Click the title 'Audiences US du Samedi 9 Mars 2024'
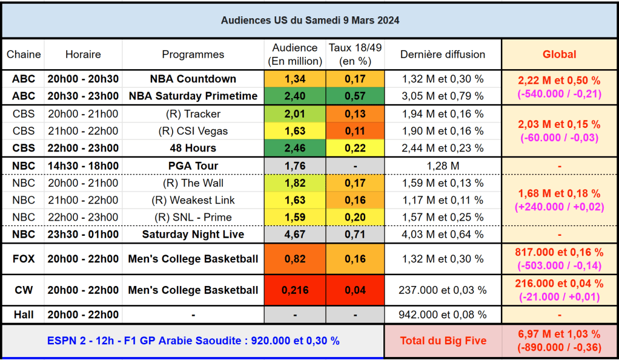tap(309, 21)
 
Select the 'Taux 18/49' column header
tap(355, 55)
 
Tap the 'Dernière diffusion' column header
tap(443, 55)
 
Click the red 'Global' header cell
tap(559, 55)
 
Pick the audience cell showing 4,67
tap(295, 235)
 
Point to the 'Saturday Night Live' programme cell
tap(193, 235)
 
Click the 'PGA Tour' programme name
tap(193, 166)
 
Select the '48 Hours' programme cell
tap(193, 148)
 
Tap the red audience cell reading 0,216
tap(295, 290)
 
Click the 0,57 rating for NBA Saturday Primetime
tap(355, 96)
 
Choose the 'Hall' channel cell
tap(24, 315)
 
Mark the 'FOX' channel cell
tap(24, 259)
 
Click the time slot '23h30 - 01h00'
tap(83, 235)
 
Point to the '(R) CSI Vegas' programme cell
tap(193, 131)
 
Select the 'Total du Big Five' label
tap(443, 341)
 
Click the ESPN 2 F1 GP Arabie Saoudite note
tap(193, 341)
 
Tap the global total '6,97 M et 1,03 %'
tap(559, 334)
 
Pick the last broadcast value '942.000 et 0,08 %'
tap(443, 315)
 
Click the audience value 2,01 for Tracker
tap(295, 114)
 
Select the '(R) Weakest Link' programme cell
tap(193, 200)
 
